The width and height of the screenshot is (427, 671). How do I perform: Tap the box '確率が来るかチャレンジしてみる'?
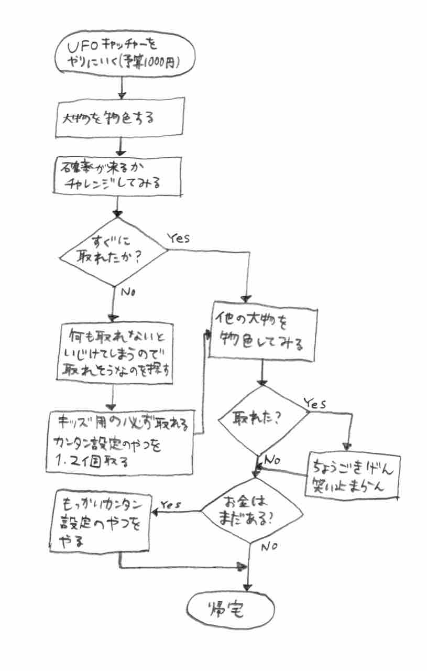121,177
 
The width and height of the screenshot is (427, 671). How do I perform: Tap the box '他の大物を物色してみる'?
262,331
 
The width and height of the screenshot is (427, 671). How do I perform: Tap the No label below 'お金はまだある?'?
269,547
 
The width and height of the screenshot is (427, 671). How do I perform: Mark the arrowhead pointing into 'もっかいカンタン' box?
156,512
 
